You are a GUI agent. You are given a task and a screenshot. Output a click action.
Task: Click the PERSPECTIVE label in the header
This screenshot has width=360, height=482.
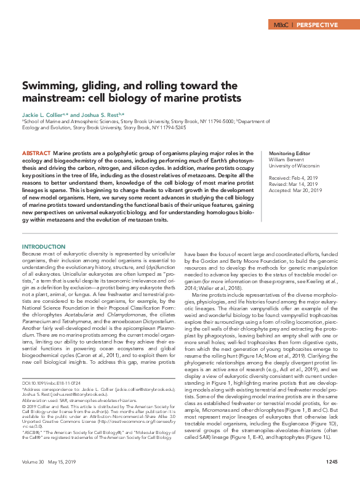(317, 25)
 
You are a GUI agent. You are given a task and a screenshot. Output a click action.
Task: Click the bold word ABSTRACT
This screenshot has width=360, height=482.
(36, 152)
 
